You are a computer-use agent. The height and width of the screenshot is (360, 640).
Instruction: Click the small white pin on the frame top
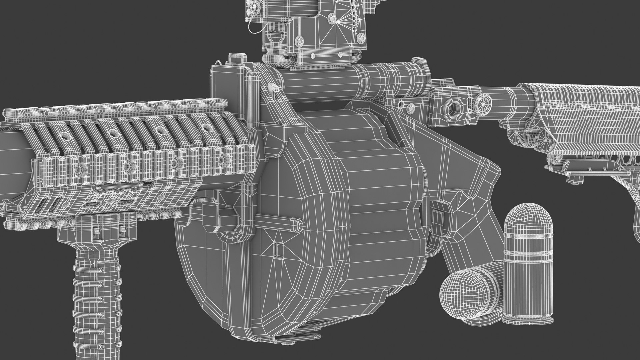pos(272,88)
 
